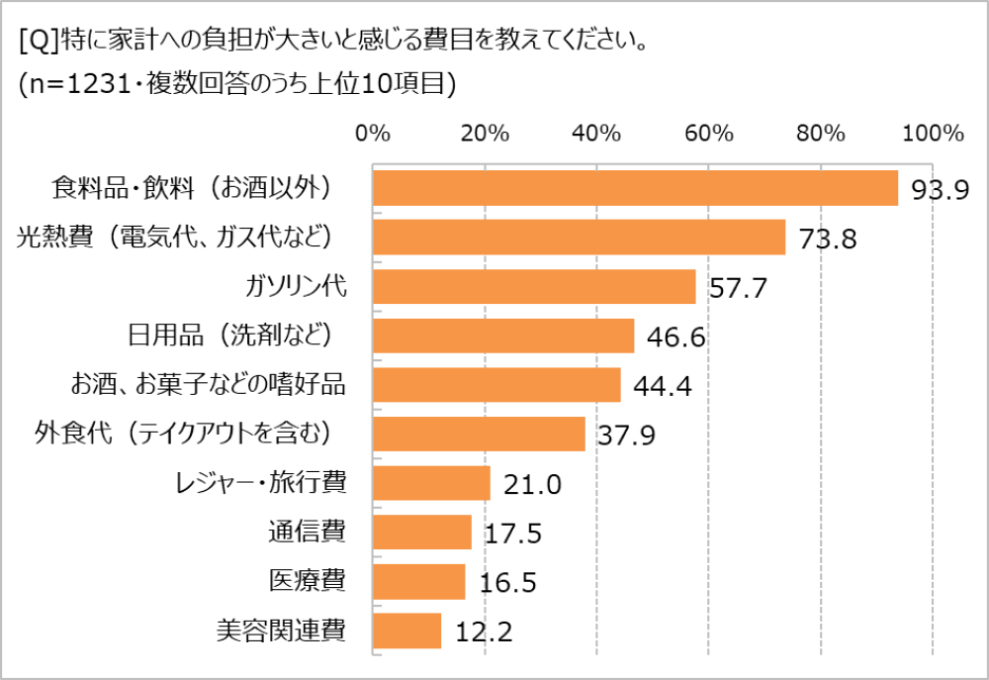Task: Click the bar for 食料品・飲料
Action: (635, 188)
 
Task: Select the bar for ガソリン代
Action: (534, 287)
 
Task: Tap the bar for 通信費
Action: (422, 533)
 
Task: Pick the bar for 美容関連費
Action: (407, 631)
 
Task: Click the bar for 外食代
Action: (479, 435)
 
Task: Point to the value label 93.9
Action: (940, 190)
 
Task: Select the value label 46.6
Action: (675, 339)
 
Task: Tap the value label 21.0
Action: (533, 485)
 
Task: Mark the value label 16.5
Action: (507, 583)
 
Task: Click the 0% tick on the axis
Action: (373, 134)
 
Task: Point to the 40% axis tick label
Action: (597, 134)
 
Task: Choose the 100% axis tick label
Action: (933, 134)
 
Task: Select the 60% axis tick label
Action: (709, 134)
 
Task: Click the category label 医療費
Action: (307, 581)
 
